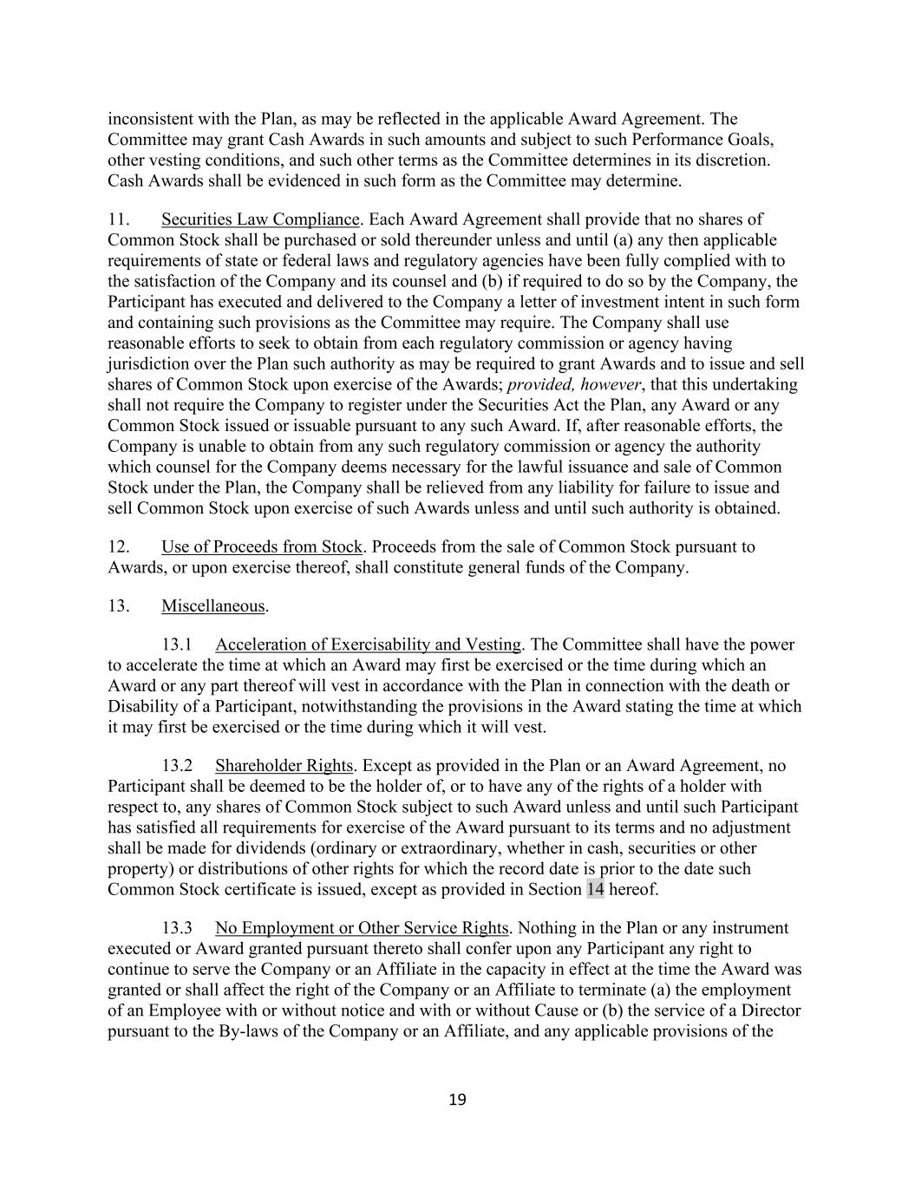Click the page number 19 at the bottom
pyautogui.click(x=457, y=1100)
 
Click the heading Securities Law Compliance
pyautogui.click(x=260, y=219)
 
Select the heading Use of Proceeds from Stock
pyautogui.click(x=262, y=547)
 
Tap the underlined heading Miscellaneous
pyautogui.click(x=213, y=606)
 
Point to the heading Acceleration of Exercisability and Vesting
pyautogui.click(x=368, y=644)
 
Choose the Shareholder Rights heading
pyautogui.click(x=284, y=766)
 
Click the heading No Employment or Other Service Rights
pyautogui.click(x=362, y=928)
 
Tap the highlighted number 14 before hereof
pyautogui.click(x=595, y=889)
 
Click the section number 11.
pyautogui.click(x=118, y=219)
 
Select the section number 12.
pyautogui.click(x=119, y=547)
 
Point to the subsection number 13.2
pyautogui.click(x=177, y=766)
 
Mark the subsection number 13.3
pyautogui.click(x=177, y=928)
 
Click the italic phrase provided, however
pyautogui.click(x=574, y=384)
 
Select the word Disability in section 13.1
pyautogui.click(x=140, y=707)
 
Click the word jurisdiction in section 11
pyautogui.click(x=147, y=364)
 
